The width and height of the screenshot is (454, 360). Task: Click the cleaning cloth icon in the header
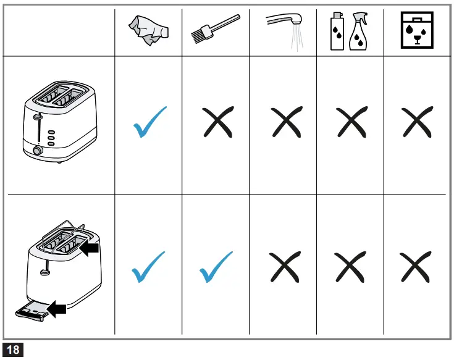pyautogui.click(x=148, y=32)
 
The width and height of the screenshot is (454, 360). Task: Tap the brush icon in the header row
pyautogui.click(x=215, y=31)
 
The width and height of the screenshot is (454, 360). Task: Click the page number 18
pyautogui.click(x=13, y=350)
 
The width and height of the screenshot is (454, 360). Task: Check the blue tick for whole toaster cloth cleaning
pyautogui.click(x=149, y=121)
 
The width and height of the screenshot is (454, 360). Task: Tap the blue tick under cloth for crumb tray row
pyautogui.click(x=148, y=267)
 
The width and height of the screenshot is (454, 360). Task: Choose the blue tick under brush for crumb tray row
pyautogui.click(x=216, y=267)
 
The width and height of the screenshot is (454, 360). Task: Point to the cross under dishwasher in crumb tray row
pyautogui.click(x=417, y=267)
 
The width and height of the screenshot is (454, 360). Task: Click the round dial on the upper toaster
pyautogui.click(x=36, y=150)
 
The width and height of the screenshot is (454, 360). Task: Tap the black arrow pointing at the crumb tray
pyautogui.click(x=57, y=308)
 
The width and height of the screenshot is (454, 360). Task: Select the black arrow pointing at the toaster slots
pyautogui.click(x=89, y=248)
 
